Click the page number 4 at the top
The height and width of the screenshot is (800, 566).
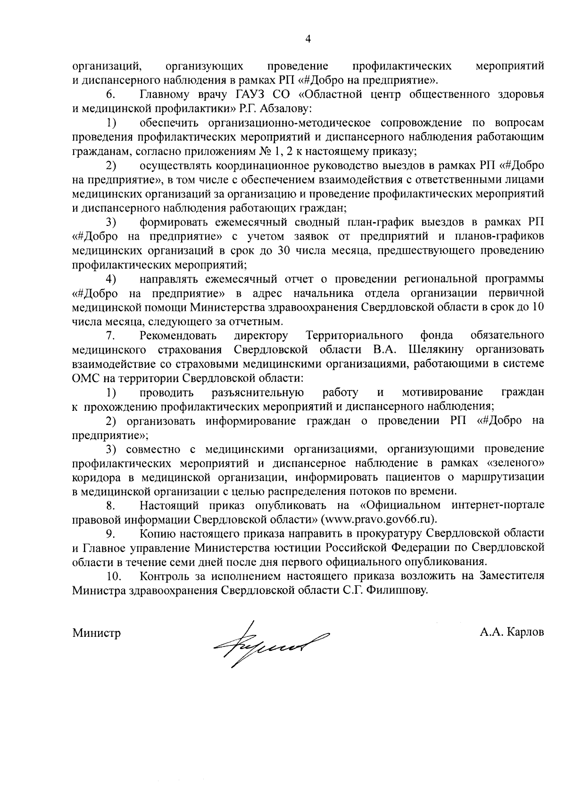tap(308, 40)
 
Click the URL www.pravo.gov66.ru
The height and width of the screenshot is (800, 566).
tap(377, 519)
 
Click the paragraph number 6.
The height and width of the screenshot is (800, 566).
tap(111, 95)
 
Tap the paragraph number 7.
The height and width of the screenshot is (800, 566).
tap(111, 335)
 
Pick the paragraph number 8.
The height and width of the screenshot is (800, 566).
tap(111, 505)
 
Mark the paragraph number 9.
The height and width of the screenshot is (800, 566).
tap(111, 533)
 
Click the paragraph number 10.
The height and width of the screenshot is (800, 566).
tap(114, 576)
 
